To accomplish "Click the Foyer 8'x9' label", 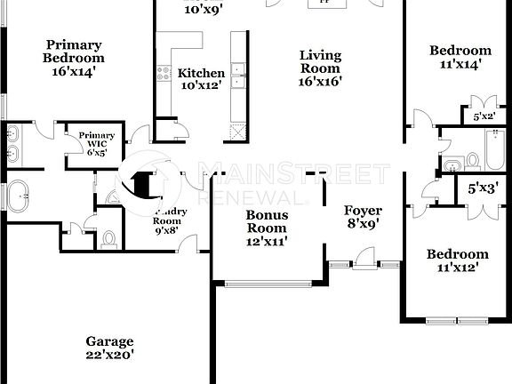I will click(x=363, y=217).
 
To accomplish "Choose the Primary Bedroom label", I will click(x=73, y=52).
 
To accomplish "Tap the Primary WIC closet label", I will click(x=96, y=143).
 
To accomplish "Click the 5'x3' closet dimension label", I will click(x=484, y=188).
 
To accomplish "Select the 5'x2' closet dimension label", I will click(x=484, y=116).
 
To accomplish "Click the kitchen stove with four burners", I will click(x=164, y=73).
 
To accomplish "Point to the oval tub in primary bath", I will click(x=18, y=196).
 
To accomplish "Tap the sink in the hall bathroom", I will click(x=452, y=164).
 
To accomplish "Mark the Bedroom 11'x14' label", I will click(x=459, y=58).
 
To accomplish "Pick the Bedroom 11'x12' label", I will click(x=457, y=260).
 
